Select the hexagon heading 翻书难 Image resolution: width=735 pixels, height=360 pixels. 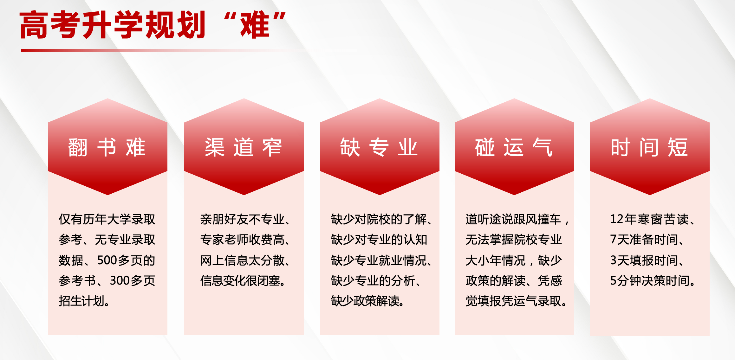[107, 147]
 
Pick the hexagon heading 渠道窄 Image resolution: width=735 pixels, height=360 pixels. [243, 147]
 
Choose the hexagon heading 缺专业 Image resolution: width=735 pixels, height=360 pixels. [379, 147]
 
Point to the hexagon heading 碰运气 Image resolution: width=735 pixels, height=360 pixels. [514, 147]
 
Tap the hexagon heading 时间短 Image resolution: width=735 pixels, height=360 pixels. [649, 147]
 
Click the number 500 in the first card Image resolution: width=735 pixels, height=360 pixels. [107, 260]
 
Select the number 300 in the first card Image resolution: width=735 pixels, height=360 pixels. [120, 280]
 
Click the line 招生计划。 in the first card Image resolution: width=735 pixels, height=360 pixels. [84, 301]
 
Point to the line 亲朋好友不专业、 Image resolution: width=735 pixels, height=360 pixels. [245, 219]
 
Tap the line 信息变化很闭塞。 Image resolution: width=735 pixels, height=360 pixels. [243, 280]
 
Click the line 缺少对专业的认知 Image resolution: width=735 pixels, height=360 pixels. [379, 240]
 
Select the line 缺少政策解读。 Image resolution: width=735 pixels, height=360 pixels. [368, 301]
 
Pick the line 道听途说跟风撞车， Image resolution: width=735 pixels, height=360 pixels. [517, 219]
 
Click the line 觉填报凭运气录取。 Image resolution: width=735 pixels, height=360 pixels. [517, 301]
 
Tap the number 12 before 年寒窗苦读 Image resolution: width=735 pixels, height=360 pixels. [617, 219]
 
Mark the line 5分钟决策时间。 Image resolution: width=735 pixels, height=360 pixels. [653, 280]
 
